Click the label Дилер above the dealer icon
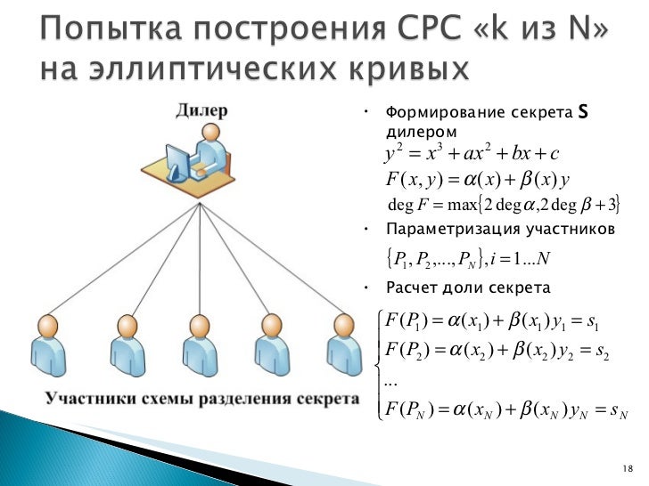[201, 110]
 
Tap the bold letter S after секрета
[583, 112]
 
